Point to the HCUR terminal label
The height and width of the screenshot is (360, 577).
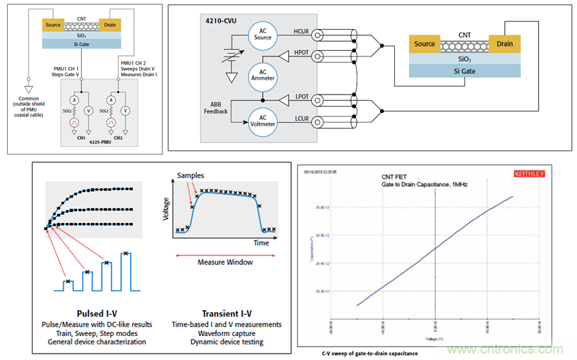coord(299,32)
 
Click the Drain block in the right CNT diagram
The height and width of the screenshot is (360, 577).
coord(504,44)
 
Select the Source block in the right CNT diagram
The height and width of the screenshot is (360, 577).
coord(424,44)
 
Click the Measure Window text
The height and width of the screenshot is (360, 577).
coord(223,262)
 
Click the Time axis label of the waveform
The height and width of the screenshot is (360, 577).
coord(261,242)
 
